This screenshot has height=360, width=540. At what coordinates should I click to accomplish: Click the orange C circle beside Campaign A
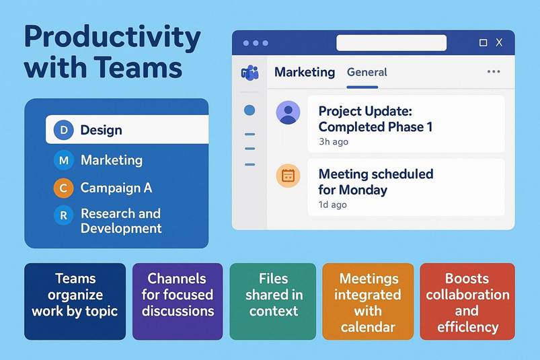[63, 188]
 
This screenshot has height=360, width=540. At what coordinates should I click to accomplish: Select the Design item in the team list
[127, 129]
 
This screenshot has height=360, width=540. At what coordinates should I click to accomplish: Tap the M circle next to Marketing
[64, 160]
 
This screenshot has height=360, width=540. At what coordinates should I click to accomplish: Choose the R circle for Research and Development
[64, 215]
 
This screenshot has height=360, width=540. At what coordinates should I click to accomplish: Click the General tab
[367, 73]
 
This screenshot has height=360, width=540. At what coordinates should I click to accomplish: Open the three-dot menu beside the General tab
[494, 71]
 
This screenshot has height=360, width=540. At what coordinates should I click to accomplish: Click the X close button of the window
[499, 42]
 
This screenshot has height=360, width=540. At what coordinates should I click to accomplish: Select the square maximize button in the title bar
[484, 42]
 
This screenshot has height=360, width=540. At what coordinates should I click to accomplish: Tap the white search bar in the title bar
[391, 42]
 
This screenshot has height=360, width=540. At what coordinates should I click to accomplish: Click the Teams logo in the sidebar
[249, 73]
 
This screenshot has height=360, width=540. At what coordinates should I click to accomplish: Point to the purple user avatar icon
[288, 112]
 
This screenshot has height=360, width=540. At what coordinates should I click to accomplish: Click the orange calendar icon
[288, 176]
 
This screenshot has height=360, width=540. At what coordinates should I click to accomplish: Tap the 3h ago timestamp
[334, 142]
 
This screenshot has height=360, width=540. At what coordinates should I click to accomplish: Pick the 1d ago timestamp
[333, 205]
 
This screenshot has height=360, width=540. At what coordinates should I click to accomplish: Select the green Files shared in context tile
[273, 301]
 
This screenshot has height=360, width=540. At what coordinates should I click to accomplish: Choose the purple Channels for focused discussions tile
[178, 301]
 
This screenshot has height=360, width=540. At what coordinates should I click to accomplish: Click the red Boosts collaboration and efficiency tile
[467, 301]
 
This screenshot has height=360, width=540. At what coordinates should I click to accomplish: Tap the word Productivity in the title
[112, 37]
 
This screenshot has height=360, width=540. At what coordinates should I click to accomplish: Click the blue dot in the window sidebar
[249, 110]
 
